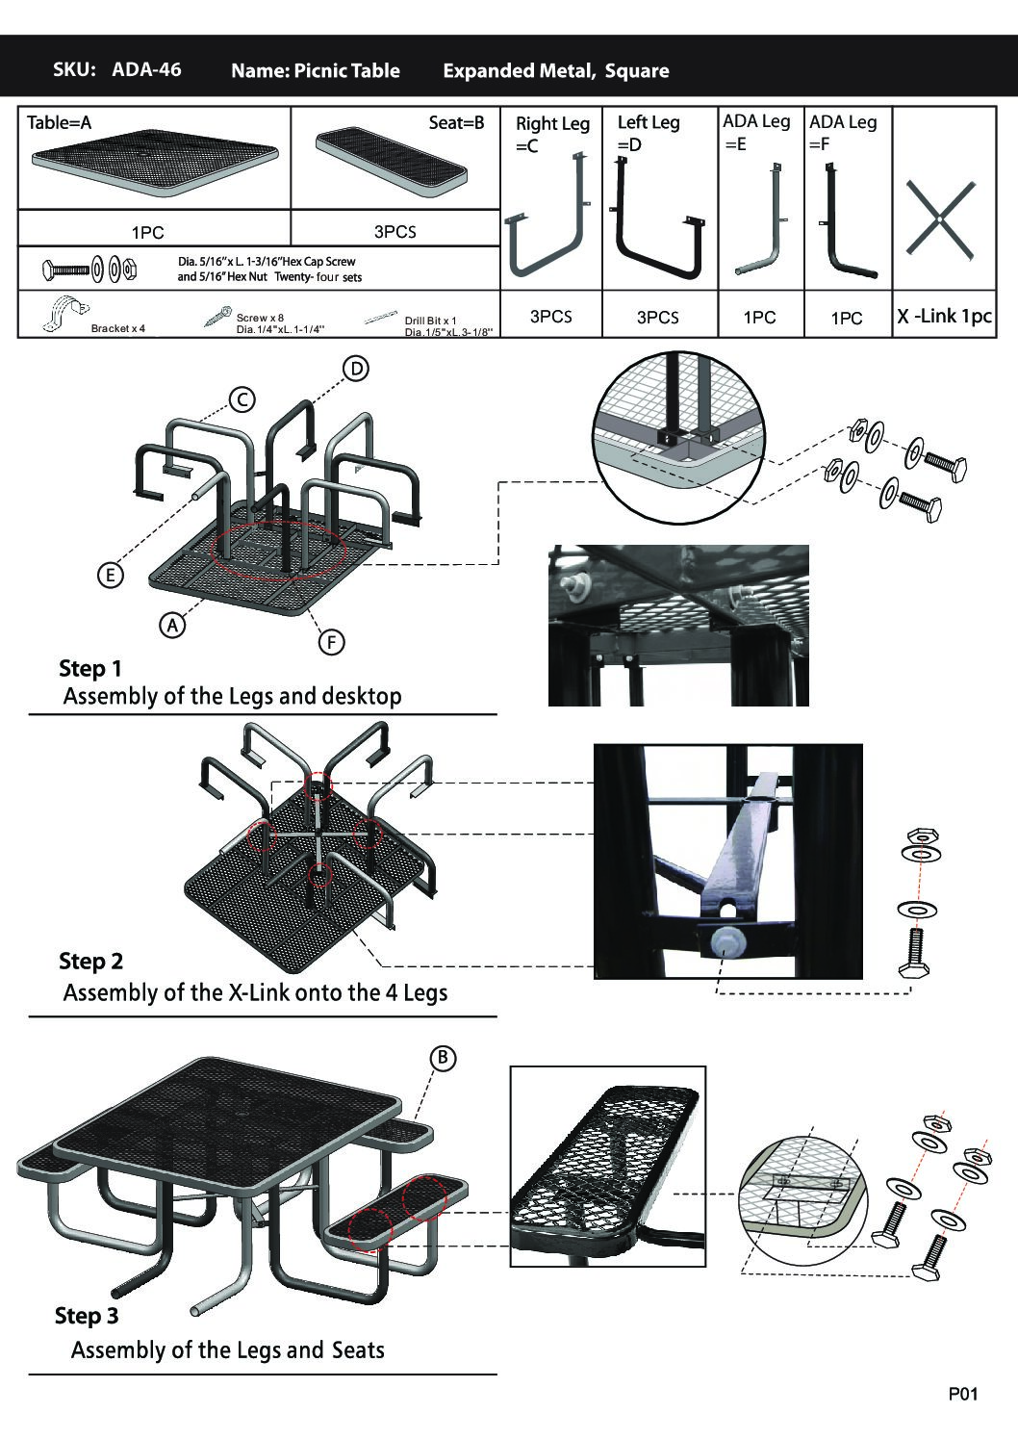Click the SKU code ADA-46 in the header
click(145, 69)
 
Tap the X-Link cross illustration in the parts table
click(940, 219)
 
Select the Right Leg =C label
click(551, 134)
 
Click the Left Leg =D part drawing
click(659, 222)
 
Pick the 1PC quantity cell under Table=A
click(147, 232)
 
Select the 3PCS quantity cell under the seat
click(394, 232)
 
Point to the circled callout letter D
click(356, 369)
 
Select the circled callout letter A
click(172, 625)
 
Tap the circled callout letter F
click(330, 642)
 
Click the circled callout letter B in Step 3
click(442, 1058)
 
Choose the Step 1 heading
click(90, 668)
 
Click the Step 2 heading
click(91, 961)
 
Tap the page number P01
click(962, 1394)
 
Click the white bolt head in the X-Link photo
click(723, 943)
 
